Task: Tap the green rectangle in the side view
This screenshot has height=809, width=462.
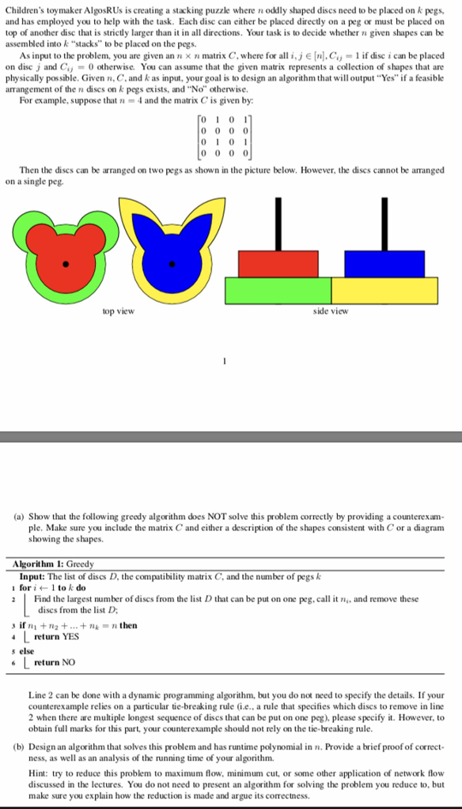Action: pos(278,290)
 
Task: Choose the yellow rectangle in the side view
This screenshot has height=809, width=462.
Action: pos(384,290)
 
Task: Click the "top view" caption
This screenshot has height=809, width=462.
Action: pos(118,312)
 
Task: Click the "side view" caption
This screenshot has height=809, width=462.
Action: pos(330,312)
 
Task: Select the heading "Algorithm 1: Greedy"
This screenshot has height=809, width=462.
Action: pos(54,564)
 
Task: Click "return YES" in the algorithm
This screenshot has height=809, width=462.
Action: pos(57,635)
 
